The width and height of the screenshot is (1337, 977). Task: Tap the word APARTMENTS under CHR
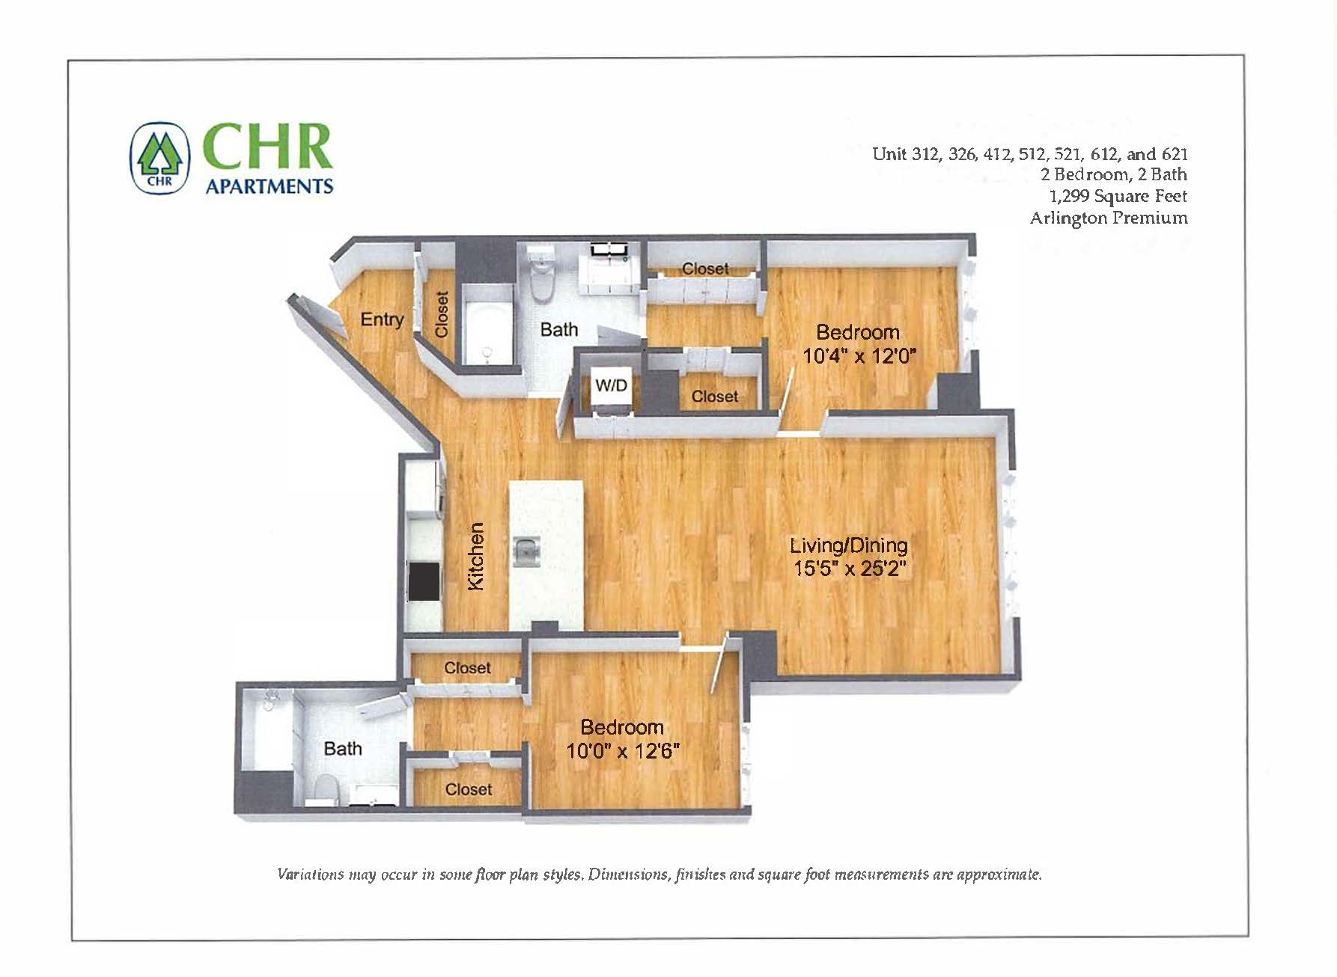(269, 186)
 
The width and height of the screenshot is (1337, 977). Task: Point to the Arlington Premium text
(1109, 218)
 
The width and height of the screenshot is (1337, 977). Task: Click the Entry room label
(382, 319)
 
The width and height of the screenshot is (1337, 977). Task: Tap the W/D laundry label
(611, 386)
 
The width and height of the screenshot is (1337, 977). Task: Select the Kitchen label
(476, 556)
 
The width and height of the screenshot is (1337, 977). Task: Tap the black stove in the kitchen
(424, 581)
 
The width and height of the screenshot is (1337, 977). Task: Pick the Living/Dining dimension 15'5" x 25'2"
(850, 569)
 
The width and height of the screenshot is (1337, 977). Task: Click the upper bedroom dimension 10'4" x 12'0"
(859, 356)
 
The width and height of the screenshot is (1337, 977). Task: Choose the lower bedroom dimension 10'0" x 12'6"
(623, 750)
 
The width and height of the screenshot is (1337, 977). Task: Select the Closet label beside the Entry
(441, 314)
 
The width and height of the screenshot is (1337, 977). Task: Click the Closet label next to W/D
(714, 396)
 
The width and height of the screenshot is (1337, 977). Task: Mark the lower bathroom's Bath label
(343, 748)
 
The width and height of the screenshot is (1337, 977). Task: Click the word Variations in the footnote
(311, 874)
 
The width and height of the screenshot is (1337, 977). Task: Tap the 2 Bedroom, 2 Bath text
(1113, 174)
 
